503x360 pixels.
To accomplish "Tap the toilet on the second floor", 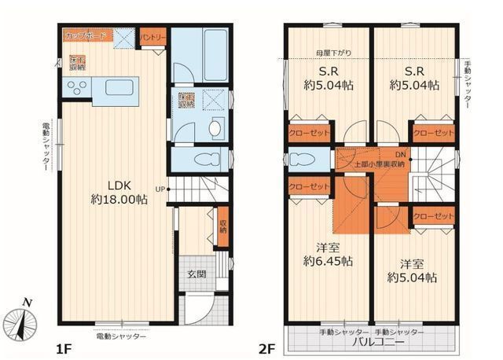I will [302, 160].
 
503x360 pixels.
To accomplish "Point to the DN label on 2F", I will [400, 154].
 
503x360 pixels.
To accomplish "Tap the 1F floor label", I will [64, 343].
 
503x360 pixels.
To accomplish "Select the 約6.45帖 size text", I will [327, 260].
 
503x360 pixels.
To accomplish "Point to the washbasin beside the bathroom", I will [217, 127].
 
